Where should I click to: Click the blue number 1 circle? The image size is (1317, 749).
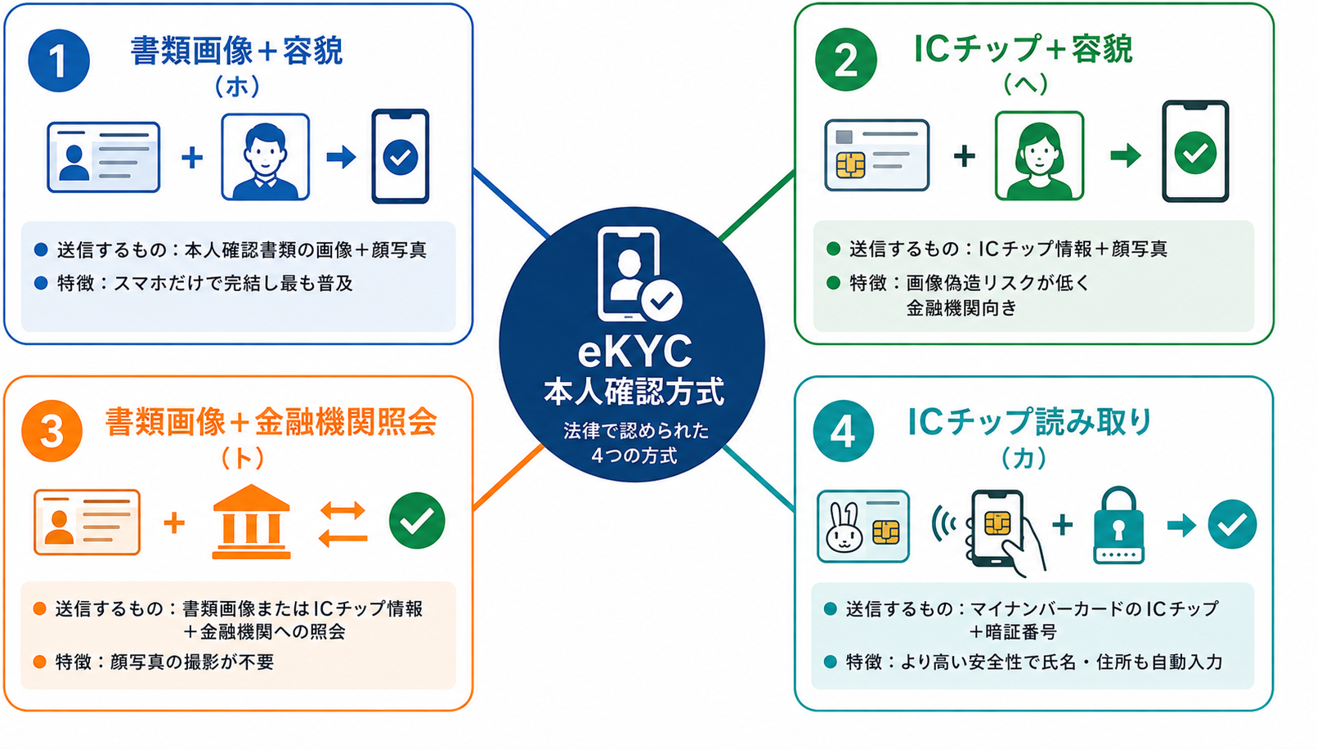[x=59, y=61]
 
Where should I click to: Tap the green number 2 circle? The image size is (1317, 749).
[x=846, y=60]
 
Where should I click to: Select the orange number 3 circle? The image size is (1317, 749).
[x=52, y=431]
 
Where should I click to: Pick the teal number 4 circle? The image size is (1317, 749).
[x=844, y=431]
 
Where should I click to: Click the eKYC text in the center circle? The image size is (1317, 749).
[x=634, y=352]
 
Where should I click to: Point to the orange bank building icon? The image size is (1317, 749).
[x=251, y=522]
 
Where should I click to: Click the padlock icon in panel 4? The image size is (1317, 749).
[x=1118, y=525]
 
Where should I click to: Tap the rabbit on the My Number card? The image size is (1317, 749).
[x=844, y=528]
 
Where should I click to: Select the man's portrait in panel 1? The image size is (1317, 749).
[x=265, y=157]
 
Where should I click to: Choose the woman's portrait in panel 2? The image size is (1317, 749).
[x=1040, y=156]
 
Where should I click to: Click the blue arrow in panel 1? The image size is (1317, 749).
[x=341, y=157]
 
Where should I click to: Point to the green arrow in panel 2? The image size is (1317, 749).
[x=1126, y=156]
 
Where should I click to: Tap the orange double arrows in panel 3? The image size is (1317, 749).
[x=343, y=524]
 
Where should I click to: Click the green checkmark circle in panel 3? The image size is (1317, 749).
[x=417, y=521]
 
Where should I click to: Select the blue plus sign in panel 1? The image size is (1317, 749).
[x=191, y=158]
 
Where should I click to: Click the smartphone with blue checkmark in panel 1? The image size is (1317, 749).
[x=401, y=156]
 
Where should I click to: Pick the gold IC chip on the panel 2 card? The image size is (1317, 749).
[x=851, y=165]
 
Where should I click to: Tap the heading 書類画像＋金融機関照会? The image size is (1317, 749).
[x=271, y=422]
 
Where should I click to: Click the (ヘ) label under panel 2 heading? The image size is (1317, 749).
[x=1025, y=84]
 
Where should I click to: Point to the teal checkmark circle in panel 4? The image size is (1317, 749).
[x=1232, y=524]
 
